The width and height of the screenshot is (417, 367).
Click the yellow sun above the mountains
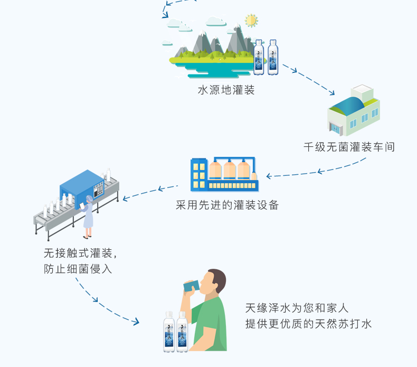pyautogui.click(x=251, y=20)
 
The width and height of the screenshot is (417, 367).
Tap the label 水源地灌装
pyautogui.click(x=226, y=90)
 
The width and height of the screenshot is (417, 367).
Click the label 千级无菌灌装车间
pyautogui.click(x=349, y=147)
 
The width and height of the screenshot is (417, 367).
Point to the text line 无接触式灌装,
pyautogui.click(x=80, y=253)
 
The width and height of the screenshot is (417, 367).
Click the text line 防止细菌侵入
pyautogui.click(x=78, y=269)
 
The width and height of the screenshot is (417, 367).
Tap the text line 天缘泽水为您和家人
pyautogui.click(x=297, y=308)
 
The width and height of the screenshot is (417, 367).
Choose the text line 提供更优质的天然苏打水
pyautogui.click(x=308, y=324)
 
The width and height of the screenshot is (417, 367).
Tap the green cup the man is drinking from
pyautogui.click(x=189, y=286)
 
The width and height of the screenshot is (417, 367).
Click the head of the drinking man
pyautogui.click(x=215, y=281)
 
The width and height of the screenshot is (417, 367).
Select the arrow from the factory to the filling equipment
pyautogui.click(x=317, y=170)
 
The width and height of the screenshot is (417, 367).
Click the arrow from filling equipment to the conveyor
pyautogui.click(x=150, y=192)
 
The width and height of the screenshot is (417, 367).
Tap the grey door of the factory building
pyautogui.click(x=335, y=127)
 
